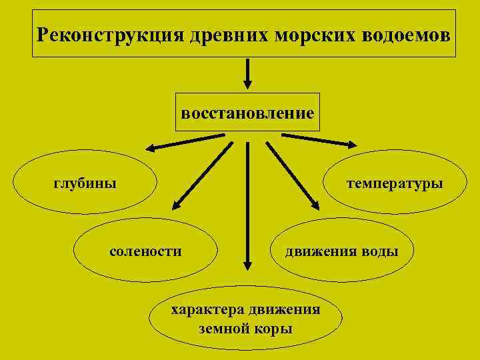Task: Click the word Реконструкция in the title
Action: (x=108, y=34)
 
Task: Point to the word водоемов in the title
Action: (x=405, y=34)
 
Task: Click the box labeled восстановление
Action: (x=247, y=112)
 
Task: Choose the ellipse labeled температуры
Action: (x=395, y=183)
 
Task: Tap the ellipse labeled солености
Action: (x=145, y=251)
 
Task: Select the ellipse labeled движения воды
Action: (x=342, y=251)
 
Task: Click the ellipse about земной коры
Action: (x=245, y=319)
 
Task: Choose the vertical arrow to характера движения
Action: (x=247, y=207)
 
